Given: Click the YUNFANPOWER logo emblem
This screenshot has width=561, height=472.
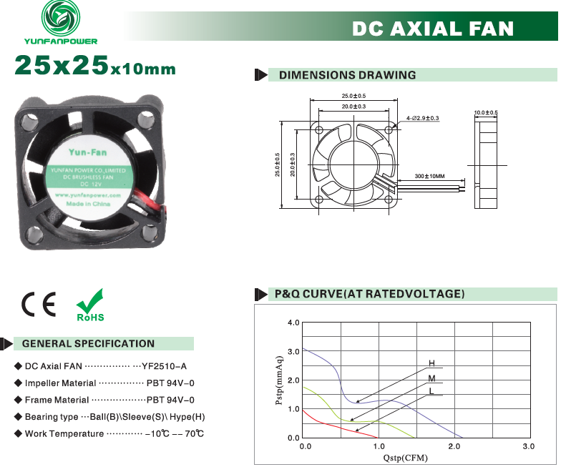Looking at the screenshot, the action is (61, 17).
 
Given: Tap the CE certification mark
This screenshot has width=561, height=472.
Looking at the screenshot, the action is (39, 304).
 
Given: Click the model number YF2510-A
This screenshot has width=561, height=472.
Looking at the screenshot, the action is (165, 366).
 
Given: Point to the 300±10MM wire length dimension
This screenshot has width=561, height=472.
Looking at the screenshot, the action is (429, 176).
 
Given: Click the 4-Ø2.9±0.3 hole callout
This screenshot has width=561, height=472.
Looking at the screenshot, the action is (422, 118).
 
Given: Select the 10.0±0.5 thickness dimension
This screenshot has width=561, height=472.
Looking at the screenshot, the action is (486, 113).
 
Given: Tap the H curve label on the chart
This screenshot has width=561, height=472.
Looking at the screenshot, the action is (432, 363).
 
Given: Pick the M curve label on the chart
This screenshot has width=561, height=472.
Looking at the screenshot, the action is (432, 378).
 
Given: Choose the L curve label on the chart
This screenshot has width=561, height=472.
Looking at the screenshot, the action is (431, 390).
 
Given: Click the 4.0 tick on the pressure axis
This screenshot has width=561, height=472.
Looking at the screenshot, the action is (293, 323).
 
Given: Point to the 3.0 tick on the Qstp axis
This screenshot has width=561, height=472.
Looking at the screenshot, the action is (528, 446).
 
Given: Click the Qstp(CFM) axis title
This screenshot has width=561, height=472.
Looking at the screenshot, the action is (405, 458).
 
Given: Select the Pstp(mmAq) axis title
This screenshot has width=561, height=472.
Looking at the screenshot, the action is (279, 380).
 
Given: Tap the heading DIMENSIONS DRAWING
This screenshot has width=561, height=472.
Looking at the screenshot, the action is (348, 75).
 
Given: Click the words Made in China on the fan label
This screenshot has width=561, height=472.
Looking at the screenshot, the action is (88, 204).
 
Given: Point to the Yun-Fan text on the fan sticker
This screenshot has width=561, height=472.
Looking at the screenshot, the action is (87, 152).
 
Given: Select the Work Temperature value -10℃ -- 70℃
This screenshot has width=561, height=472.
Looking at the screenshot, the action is (175, 433).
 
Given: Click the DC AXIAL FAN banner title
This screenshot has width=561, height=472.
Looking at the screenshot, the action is (433, 29).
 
